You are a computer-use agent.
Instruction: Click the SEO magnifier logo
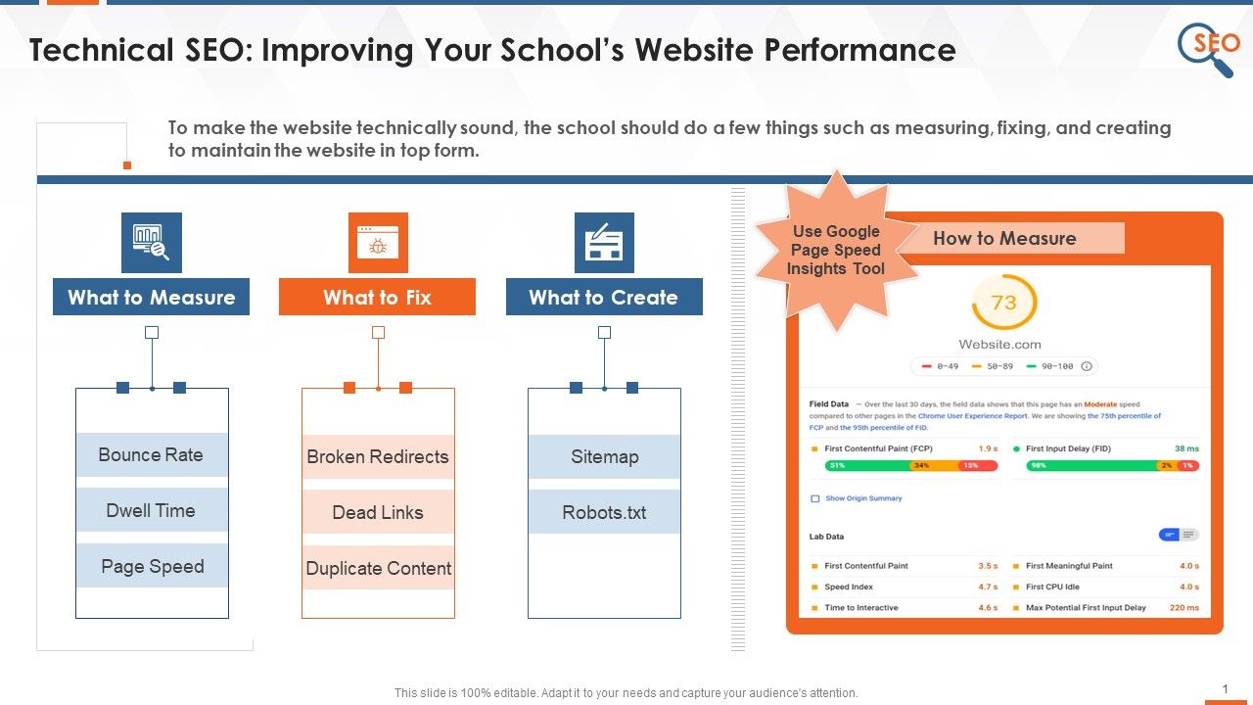point(1206,47)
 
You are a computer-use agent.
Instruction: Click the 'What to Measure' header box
point(151,297)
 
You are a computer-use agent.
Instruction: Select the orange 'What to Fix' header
point(377,297)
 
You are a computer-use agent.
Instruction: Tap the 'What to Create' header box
point(604,297)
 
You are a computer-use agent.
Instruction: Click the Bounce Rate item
point(152,454)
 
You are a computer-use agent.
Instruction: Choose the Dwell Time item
point(152,510)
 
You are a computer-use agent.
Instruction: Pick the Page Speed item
point(152,566)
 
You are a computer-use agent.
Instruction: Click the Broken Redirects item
point(378,456)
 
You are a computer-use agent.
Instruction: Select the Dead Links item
point(378,512)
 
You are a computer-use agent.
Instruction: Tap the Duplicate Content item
point(378,568)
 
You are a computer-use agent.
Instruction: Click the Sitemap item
point(604,456)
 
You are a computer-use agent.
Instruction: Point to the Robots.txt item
point(604,512)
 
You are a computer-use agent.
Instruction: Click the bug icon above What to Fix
point(378,243)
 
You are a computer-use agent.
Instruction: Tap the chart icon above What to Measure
point(152,243)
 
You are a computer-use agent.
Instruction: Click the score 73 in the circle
point(1003,303)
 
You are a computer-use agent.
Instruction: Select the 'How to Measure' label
point(1004,238)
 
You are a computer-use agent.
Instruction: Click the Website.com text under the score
point(999,344)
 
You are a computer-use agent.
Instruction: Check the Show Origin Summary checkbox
point(814,498)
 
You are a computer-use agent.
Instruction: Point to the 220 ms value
point(1183,607)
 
